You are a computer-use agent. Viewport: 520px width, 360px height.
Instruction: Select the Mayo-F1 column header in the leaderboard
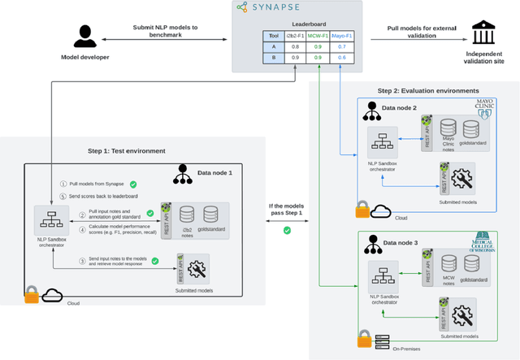(343, 36)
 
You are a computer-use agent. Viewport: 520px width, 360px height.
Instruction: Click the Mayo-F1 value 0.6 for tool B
(342, 58)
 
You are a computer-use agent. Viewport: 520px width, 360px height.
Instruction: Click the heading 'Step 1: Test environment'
(127, 150)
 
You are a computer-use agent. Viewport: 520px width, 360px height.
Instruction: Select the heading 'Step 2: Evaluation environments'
(428, 90)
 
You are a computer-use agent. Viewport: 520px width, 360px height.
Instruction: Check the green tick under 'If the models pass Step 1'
(287, 230)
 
